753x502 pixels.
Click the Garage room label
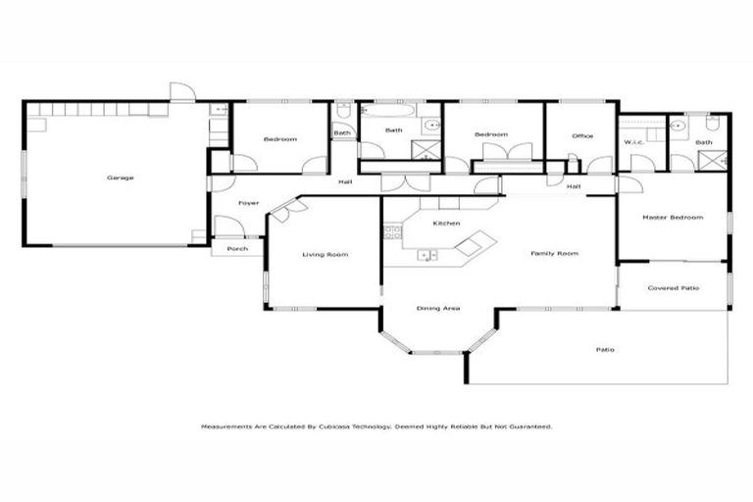[121, 177]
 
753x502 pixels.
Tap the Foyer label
[249, 203]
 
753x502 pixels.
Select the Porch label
[237, 249]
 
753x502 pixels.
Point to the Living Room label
[325, 254]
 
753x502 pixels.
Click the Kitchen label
[446, 224]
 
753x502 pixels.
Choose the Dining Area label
[438, 308]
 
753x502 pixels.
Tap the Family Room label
[554, 253]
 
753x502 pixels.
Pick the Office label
[582, 135]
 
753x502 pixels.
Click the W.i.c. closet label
[633, 142]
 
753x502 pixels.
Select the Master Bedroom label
[672, 217]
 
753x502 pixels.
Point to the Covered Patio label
[675, 288]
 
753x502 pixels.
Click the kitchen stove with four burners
[393, 233]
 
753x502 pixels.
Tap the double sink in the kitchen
[427, 256]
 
